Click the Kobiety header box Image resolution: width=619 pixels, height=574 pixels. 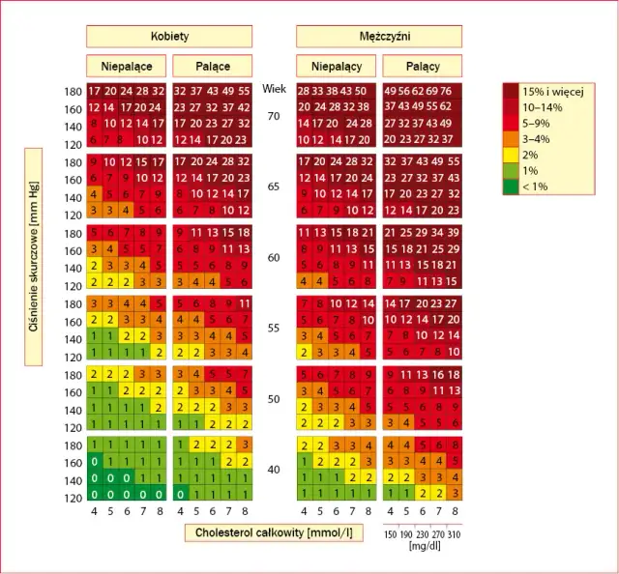(169, 36)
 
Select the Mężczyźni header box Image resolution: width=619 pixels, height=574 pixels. (379, 36)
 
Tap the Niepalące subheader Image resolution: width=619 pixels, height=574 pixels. (127, 67)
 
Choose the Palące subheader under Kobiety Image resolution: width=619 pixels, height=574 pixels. (212, 67)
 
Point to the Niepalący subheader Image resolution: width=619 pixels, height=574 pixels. (337, 67)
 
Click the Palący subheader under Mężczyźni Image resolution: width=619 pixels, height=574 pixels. (422, 67)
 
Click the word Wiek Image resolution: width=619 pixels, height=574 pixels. (274, 88)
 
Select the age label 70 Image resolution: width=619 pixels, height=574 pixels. (274, 115)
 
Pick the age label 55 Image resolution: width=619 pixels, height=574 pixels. (274, 329)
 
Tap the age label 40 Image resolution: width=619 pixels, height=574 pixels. (274, 470)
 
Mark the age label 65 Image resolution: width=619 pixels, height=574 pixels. (274, 186)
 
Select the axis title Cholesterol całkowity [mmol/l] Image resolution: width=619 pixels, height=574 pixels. (274, 531)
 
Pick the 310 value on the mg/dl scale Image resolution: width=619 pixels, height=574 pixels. (453, 531)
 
